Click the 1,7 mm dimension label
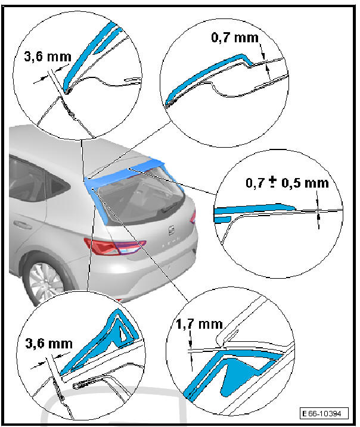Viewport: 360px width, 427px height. [x=199, y=324]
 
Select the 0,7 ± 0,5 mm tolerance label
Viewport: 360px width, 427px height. [x=287, y=183]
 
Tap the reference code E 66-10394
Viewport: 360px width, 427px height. [x=324, y=414]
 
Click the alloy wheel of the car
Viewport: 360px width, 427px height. [x=46, y=283]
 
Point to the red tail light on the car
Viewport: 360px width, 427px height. [x=114, y=246]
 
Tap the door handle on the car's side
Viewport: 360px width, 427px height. [x=22, y=224]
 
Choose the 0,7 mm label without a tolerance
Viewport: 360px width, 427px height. [x=235, y=38]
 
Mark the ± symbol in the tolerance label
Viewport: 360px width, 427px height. [x=272, y=182]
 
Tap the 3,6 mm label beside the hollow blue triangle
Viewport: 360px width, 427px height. [x=49, y=344]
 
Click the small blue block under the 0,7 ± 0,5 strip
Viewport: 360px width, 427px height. [x=223, y=219]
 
